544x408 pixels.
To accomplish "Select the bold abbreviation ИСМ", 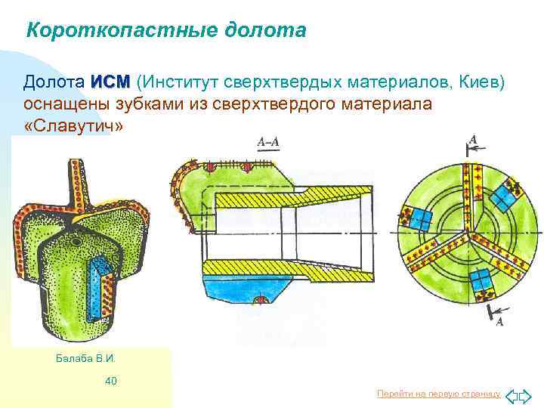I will pos(110,82).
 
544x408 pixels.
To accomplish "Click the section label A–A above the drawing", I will pos(267,141).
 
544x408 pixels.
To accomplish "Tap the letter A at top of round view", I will pos(474,139).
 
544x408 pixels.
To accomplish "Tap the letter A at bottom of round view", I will pos(499,322).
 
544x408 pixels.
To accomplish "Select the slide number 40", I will pos(110,381).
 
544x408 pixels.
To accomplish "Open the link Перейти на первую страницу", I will pos(438,394).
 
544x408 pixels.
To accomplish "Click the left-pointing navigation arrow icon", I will pos(511,395).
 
